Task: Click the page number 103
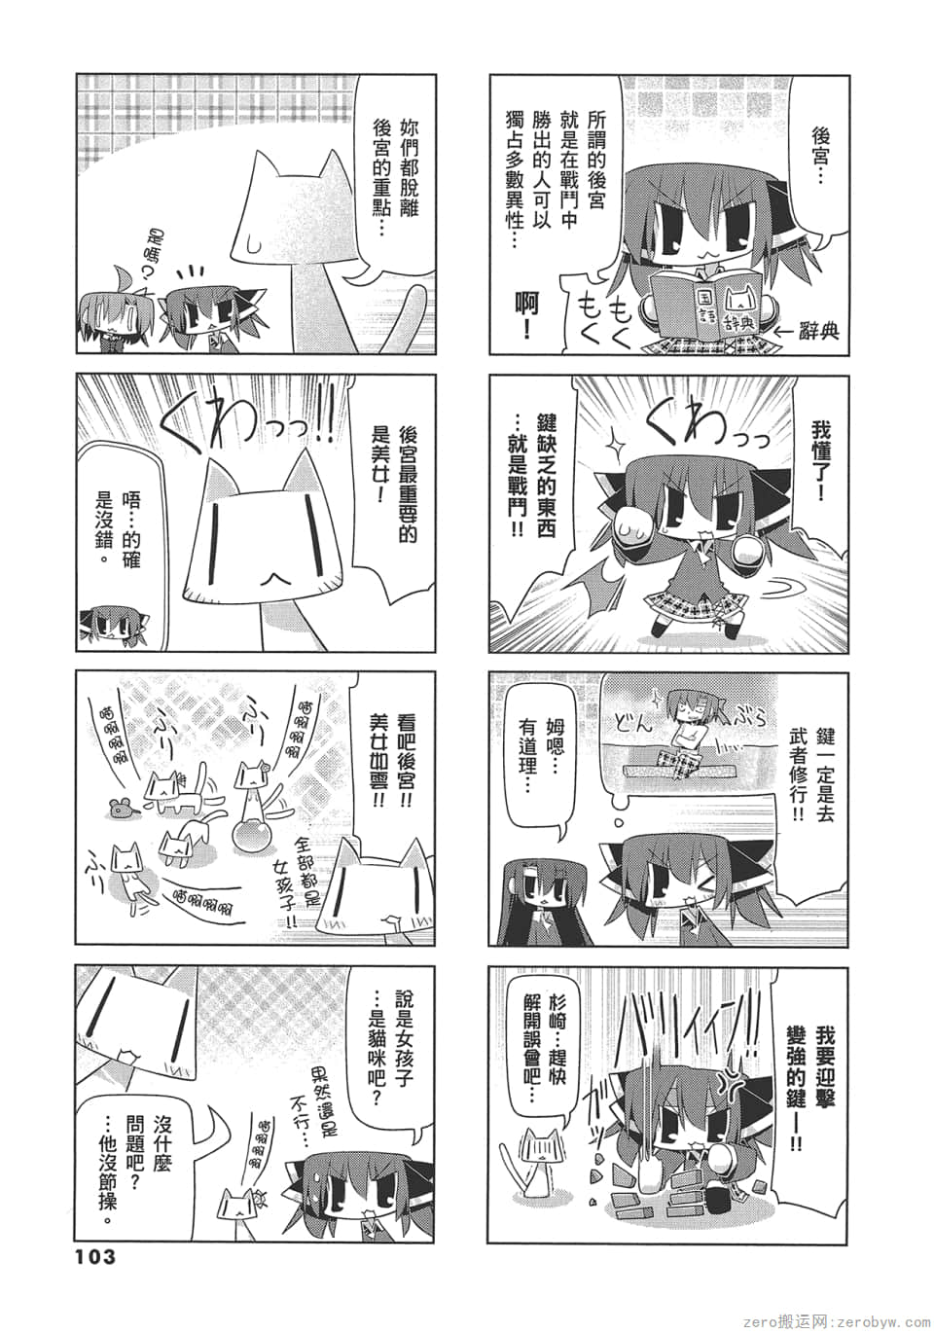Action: (94, 1256)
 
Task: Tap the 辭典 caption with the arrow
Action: (807, 332)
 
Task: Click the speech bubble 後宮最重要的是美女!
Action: (394, 487)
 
